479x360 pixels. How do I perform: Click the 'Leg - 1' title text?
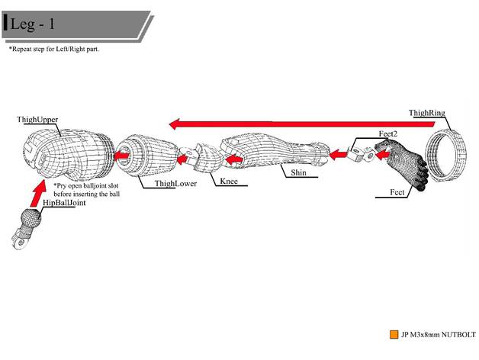pyautogui.click(x=33, y=24)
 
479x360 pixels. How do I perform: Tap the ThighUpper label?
pyautogui.click(x=38, y=121)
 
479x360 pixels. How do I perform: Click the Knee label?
pyautogui.click(x=229, y=182)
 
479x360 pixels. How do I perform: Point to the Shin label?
pyautogui.click(x=298, y=173)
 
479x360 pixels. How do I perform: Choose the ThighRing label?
pyautogui.click(x=426, y=114)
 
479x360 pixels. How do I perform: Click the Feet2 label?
pyautogui.click(x=388, y=133)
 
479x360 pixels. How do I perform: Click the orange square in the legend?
pyautogui.click(x=394, y=334)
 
